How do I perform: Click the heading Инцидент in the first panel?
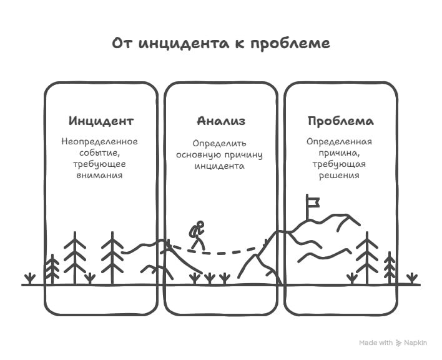point(101,121)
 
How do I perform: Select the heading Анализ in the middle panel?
point(220,121)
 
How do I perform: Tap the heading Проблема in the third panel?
point(340,121)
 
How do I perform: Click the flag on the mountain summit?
point(312,201)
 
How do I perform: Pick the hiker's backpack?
point(193,231)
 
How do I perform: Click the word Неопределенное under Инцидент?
point(100,141)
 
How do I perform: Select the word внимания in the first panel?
point(100,176)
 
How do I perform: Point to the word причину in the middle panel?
point(245,155)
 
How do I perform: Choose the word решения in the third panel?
point(340,176)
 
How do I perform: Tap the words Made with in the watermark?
point(376,342)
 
